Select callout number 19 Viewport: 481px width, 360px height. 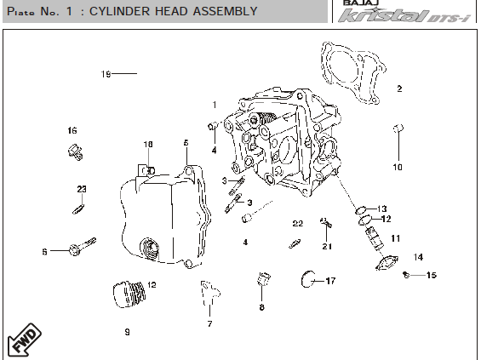coord(106,74)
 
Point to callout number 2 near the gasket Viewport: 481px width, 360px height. coord(399,89)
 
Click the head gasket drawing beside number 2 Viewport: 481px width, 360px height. coord(352,72)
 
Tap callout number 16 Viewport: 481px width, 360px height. coord(72,130)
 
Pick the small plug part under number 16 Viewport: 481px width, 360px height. coord(75,152)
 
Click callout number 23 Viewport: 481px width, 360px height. coord(82,189)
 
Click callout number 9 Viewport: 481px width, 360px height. coord(128,332)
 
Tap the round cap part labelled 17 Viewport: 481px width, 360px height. coord(307,279)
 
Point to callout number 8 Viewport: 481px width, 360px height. coord(261,307)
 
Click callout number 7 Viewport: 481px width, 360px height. coord(209,323)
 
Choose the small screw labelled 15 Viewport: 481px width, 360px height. coord(406,275)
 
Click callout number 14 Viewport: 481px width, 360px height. coord(418,257)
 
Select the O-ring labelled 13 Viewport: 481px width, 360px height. coord(361,210)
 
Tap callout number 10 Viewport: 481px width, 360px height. coord(398,167)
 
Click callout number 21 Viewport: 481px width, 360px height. coord(327,246)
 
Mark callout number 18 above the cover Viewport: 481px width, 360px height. coord(148,144)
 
